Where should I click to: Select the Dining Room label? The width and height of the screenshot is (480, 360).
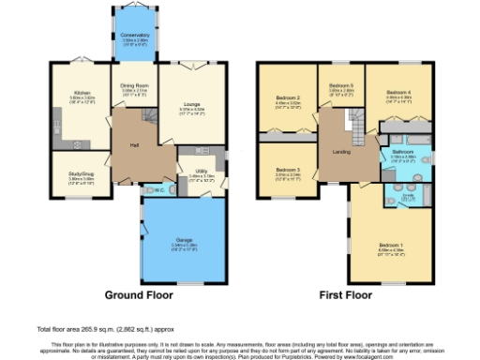(133, 88)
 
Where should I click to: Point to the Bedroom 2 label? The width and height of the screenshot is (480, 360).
(287, 97)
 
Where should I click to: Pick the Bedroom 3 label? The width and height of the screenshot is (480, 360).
(287, 168)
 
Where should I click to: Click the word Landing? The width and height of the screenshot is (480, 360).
(341, 150)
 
